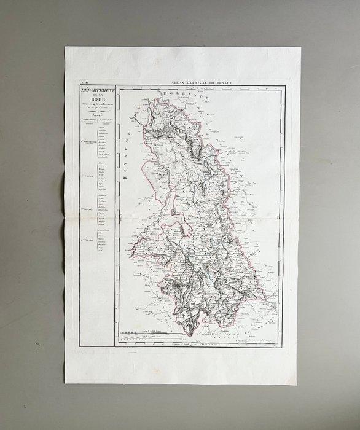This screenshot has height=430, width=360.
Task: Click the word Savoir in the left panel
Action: [95, 114]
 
